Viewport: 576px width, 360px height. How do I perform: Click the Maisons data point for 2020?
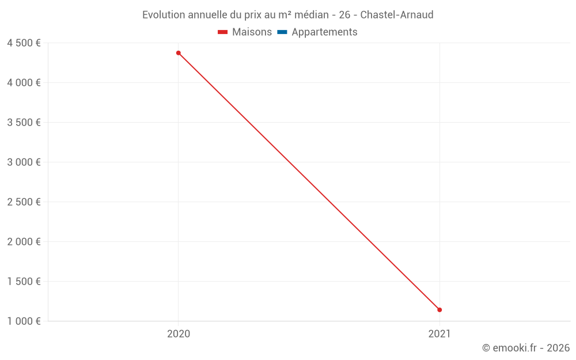(x=179, y=53)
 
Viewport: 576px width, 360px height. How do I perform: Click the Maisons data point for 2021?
(x=439, y=310)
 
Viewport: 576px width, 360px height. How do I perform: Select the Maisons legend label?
(x=252, y=32)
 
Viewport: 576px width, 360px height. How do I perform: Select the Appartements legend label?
(x=324, y=32)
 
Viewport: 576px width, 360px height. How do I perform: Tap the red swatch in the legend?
(x=223, y=32)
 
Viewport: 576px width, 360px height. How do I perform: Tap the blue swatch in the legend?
(x=282, y=32)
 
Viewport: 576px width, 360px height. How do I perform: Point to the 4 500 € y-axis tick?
(x=24, y=43)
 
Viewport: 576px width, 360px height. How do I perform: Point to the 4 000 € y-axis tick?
(x=24, y=83)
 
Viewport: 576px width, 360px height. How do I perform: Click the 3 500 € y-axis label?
(x=24, y=123)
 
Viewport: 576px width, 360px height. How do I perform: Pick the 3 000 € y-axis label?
(x=24, y=162)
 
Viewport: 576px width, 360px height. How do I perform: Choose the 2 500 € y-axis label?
(x=24, y=202)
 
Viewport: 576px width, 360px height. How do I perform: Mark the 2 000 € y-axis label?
(x=24, y=242)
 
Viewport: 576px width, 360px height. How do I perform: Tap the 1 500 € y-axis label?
(x=24, y=282)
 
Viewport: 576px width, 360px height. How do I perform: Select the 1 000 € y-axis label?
(x=24, y=321)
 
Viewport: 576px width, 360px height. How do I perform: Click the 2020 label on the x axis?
(x=179, y=334)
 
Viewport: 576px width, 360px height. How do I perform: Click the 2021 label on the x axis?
(x=439, y=334)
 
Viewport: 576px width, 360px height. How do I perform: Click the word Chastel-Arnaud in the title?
(x=397, y=15)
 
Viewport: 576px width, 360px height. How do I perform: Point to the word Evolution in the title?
(x=164, y=15)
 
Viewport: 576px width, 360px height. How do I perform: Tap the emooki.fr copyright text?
(x=526, y=348)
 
